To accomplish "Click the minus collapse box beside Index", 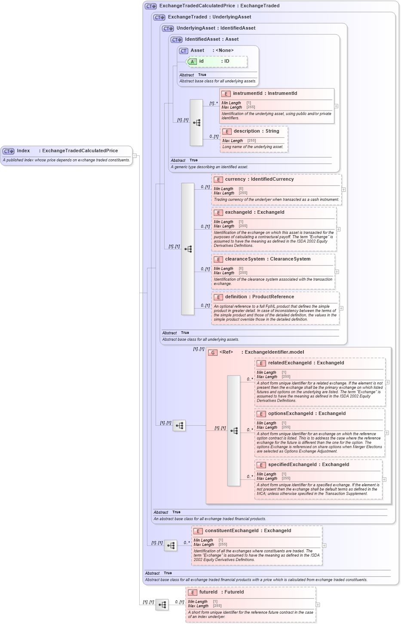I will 135,156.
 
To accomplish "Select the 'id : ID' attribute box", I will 217,61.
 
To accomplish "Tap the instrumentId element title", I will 265,93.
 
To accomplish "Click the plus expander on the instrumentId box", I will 336,106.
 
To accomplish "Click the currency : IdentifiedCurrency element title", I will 259,179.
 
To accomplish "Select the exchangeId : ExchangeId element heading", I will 254,212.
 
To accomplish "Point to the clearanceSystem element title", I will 267,259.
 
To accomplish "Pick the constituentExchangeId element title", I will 248,531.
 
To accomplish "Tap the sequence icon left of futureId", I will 162,605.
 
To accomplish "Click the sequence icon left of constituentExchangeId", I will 171,545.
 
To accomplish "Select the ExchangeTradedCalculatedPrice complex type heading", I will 219,6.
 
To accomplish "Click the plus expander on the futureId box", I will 318,605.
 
